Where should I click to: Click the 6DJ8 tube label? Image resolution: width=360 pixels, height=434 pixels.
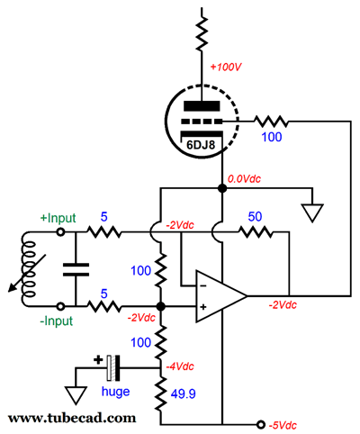tap(201, 145)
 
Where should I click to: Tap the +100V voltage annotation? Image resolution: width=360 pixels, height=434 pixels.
tap(226, 67)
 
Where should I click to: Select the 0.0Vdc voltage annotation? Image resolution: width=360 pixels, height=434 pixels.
tap(244, 179)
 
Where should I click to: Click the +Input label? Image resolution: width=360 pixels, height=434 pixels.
tap(58, 218)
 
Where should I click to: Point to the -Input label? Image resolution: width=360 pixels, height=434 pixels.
tap(57, 321)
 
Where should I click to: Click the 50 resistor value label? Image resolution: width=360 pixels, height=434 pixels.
tap(255, 216)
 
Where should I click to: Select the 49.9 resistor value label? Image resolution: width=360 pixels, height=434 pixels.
tap(183, 393)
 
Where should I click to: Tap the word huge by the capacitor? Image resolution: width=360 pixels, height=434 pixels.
tap(115, 392)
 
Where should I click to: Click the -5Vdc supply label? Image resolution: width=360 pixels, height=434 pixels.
tap(283, 425)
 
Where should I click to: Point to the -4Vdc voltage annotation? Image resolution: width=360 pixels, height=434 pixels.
tap(180, 366)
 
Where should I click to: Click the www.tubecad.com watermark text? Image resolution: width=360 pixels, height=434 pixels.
tap(72, 418)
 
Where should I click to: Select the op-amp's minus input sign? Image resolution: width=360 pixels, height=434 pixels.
tap(203, 285)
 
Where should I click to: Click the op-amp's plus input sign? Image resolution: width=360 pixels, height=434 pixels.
tap(203, 307)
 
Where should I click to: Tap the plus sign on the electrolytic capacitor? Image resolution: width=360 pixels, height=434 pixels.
tap(98, 359)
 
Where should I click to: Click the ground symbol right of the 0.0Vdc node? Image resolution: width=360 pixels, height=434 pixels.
tap(312, 213)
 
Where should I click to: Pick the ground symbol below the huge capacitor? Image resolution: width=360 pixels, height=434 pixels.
tap(76, 395)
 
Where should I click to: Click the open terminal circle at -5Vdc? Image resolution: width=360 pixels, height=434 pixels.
tap(261, 424)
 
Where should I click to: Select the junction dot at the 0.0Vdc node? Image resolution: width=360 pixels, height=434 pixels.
tap(222, 188)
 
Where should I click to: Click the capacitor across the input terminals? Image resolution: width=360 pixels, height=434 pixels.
tap(76, 269)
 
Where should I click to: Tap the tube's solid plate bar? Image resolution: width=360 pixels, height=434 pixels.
tap(202, 106)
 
